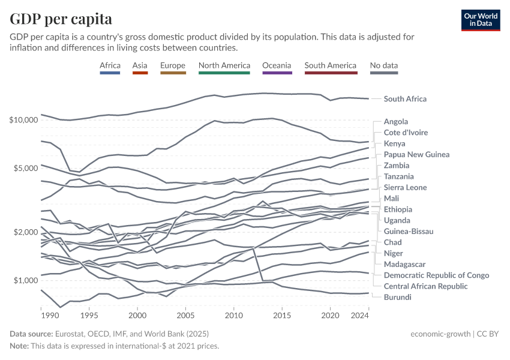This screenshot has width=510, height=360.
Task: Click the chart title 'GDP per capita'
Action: (x=61, y=19)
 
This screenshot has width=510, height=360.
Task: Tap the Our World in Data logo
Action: (x=480, y=20)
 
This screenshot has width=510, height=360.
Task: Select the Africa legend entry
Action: (x=111, y=65)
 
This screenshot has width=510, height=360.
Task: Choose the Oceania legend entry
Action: (x=277, y=65)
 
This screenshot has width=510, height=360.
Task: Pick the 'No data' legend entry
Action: (x=384, y=65)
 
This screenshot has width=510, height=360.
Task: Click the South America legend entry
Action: (x=330, y=65)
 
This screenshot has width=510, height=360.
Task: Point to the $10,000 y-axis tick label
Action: (x=24, y=120)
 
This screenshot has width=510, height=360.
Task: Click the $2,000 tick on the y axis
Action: (x=26, y=232)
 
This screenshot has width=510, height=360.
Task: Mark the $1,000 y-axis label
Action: (x=26, y=280)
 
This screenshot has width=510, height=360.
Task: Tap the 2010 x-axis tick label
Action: (x=234, y=315)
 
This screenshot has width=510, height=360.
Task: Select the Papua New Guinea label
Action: (x=416, y=154)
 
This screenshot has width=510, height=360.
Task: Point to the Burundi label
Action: (x=397, y=297)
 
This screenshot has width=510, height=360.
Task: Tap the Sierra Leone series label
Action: (x=406, y=187)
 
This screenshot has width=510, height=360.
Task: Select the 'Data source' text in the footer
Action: (x=31, y=333)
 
